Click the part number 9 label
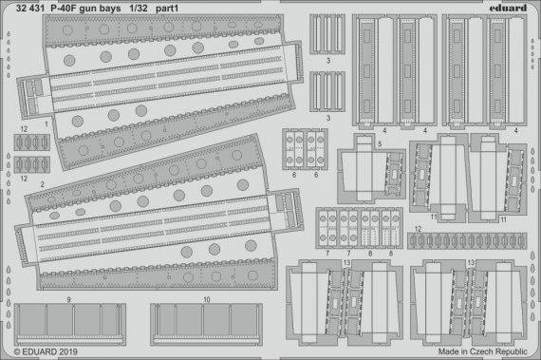69,299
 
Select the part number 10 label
206,299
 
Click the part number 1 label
45,124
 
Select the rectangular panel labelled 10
207,323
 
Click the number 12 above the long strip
418,230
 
